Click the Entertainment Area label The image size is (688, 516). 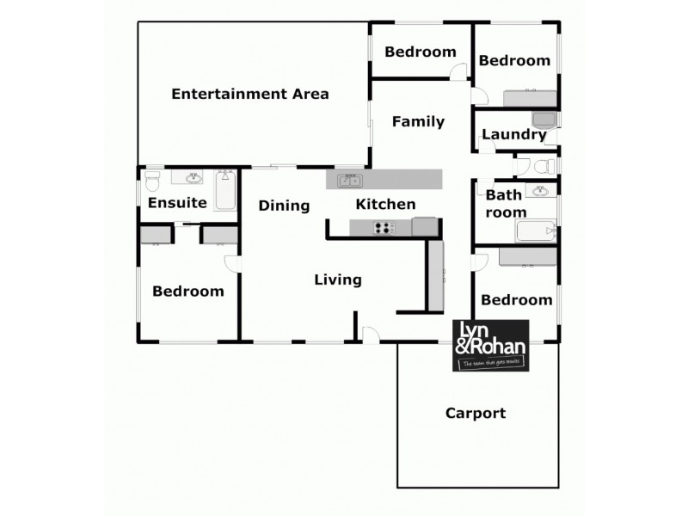click(x=249, y=94)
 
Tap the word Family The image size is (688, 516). click(x=418, y=121)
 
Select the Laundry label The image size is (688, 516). click(x=513, y=134)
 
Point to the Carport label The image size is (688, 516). click(x=475, y=414)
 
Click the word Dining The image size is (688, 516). click(x=284, y=206)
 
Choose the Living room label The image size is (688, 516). click(x=337, y=279)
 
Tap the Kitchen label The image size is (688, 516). click(x=385, y=205)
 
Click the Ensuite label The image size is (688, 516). click(x=177, y=204)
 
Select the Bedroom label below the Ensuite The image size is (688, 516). click(x=187, y=292)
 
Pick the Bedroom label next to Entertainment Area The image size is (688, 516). click(x=420, y=52)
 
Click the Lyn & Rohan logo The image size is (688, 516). click(x=491, y=345)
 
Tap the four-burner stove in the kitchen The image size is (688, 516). click(x=384, y=228)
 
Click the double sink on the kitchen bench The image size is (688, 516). click(x=349, y=180)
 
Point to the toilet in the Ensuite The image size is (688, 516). click(x=152, y=181)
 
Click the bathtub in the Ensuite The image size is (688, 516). click(x=226, y=190)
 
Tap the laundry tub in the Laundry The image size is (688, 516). click(x=544, y=120)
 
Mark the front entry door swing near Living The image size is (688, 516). click(x=370, y=335)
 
